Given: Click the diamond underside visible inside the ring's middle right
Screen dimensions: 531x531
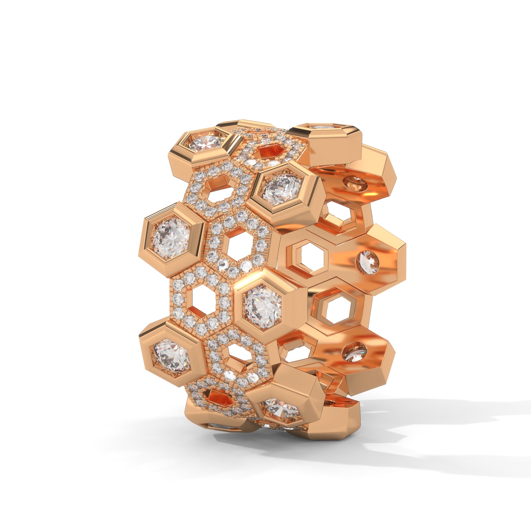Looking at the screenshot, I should click(x=369, y=262).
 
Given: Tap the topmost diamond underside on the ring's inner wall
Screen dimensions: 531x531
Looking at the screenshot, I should click(x=354, y=183).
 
